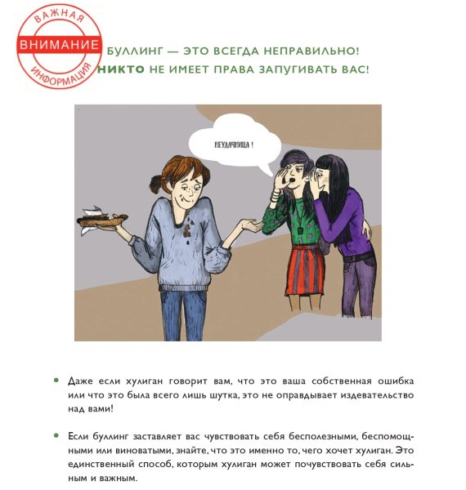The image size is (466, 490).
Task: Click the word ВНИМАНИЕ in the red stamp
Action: point(59,46)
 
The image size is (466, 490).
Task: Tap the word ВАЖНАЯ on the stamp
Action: point(58,20)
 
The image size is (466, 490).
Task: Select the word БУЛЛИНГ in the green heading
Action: point(138,51)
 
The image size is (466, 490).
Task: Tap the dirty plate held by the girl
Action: point(102,218)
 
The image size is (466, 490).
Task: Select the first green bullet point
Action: point(56,381)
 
